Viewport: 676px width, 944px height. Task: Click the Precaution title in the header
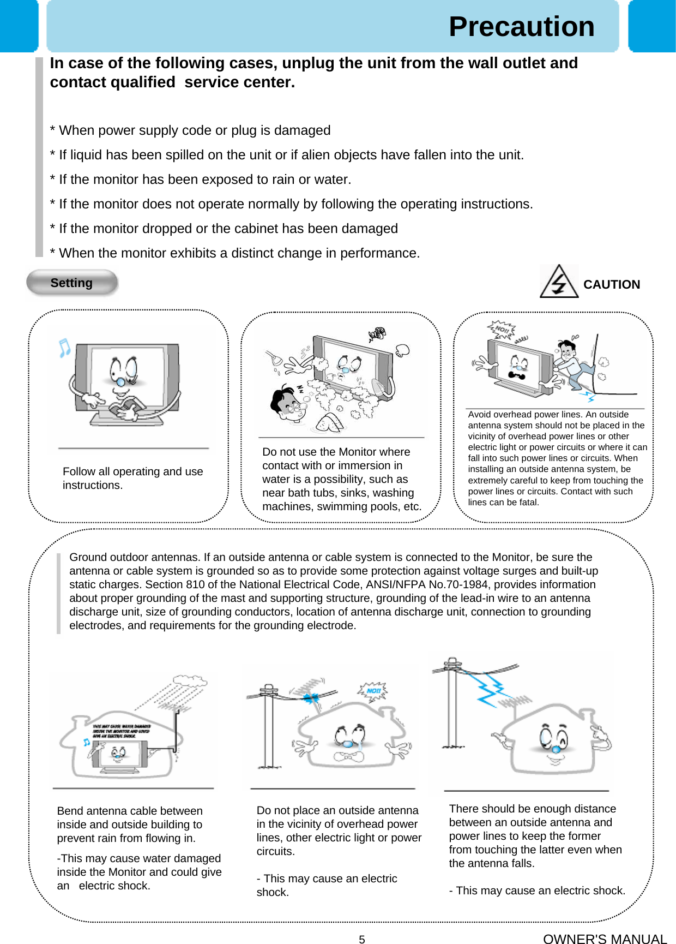tap(521, 27)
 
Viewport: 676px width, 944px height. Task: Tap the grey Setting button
tap(71, 283)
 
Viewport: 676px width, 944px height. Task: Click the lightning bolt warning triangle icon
tap(559, 282)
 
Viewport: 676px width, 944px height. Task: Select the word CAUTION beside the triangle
tap(611, 284)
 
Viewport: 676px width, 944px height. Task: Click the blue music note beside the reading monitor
tap(64, 348)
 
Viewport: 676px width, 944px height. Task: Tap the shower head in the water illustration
tap(271, 357)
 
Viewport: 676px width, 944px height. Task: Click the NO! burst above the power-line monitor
tap(502, 330)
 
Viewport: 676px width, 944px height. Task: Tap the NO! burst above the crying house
tap(373, 691)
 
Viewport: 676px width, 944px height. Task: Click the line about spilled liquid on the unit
tap(287, 155)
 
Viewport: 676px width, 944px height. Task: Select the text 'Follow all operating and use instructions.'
tap(132, 478)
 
